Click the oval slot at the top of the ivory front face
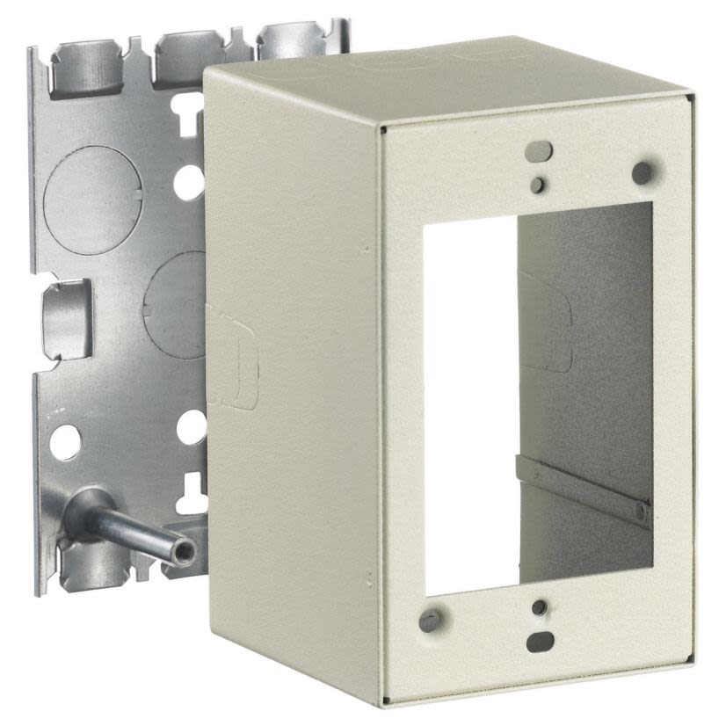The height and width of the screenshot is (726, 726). click(x=538, y=152)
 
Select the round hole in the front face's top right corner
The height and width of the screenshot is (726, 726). click(x=643, y=172)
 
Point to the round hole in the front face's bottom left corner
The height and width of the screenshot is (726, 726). click(x=429, y=621)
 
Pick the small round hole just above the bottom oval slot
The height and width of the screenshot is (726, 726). click(x=540, y=607)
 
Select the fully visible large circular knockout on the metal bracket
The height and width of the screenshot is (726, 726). click(x=92, y=188)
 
